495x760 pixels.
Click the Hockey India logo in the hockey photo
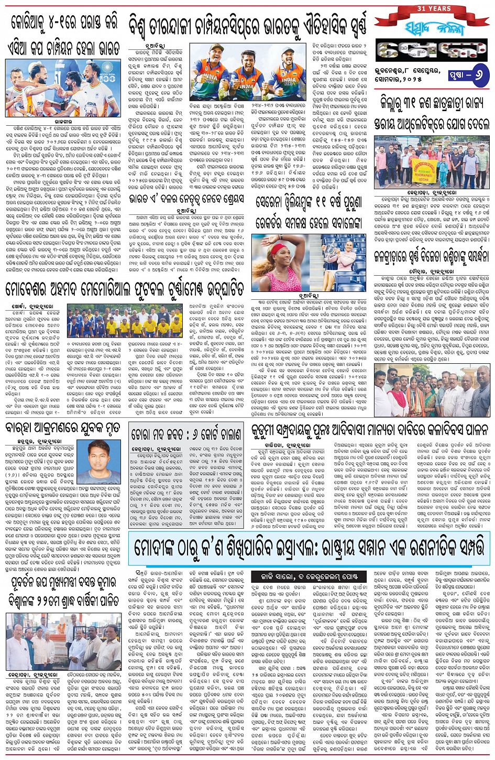tap(107, 68)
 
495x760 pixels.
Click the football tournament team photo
tap(125, 320)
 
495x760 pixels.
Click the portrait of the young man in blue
tap(98, 461)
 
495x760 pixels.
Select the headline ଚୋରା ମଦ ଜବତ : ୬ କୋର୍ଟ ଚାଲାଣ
tap(186, 433)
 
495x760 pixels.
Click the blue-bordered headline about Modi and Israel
tap(309, 547)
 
